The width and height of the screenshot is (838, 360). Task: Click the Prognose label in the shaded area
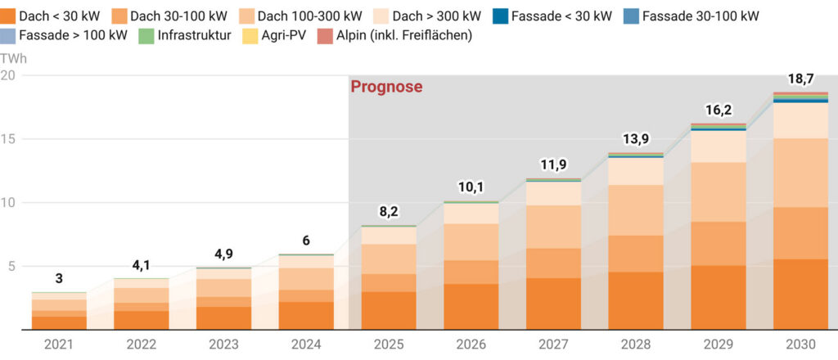coord(386,87)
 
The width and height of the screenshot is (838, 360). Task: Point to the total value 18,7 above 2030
coord(800,78)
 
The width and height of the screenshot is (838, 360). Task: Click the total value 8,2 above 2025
coord(389,211)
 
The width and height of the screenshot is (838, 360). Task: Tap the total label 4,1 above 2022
coord(141,264)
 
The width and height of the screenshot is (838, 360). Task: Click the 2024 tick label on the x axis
coord(306,344)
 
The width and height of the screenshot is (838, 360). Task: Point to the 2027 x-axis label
coord(553,344)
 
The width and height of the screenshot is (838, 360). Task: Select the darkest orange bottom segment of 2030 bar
coord(800,295)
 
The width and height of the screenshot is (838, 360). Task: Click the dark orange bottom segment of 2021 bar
coord(59,323)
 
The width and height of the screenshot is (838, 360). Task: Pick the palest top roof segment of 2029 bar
coord(718,146)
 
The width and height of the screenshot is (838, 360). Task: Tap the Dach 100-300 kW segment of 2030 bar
coord(800,173)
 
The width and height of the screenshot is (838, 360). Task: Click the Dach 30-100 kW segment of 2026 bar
coord(471,272)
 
